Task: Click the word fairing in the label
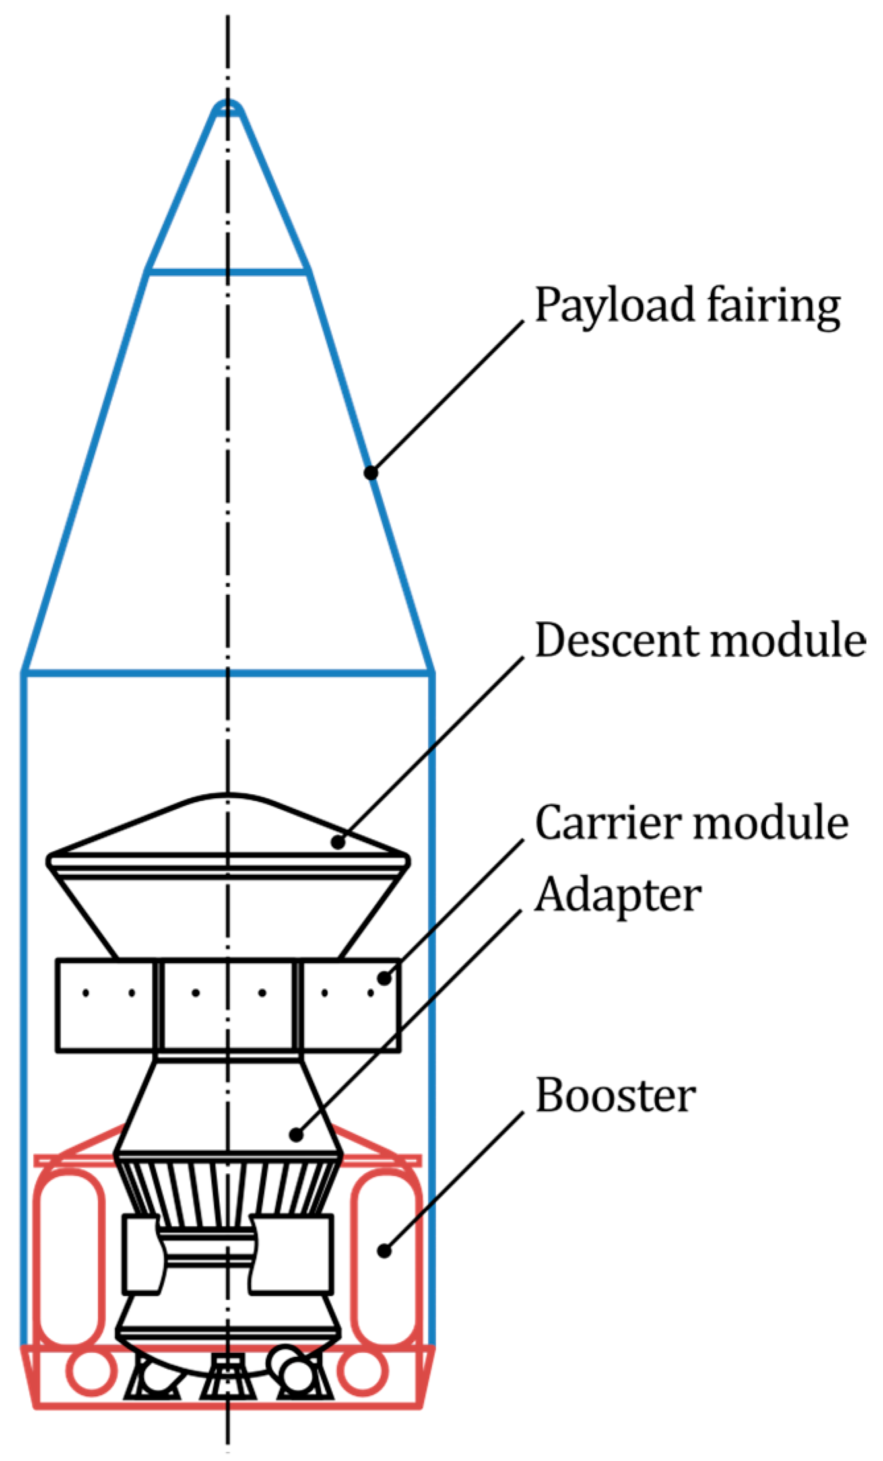click(x=773, y=306)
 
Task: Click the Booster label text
click(x=615, y=1096)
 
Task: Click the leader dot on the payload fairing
click(x=371, y=473)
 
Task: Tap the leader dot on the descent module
click(x=338, y=842)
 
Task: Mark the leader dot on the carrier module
click(x=383, y=977)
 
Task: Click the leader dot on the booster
click(x=384, y=1250)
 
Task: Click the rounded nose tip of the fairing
click(x=228, y=107)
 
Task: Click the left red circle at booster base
click(x=90, y=1372)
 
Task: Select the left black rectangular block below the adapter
click(x=142, y=1254)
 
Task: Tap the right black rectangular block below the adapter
click(x=292, y=1254)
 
